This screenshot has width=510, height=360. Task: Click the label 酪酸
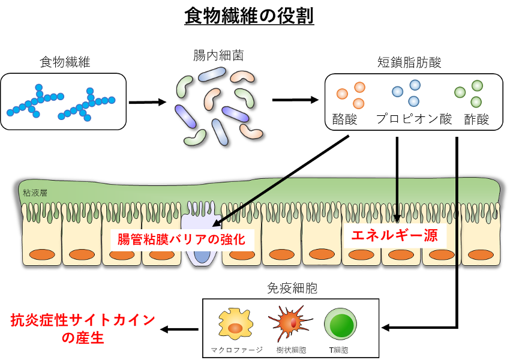[x=345, y=119]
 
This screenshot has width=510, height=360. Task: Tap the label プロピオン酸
[x=414, y=119]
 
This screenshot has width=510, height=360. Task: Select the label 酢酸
[x=477, y=119]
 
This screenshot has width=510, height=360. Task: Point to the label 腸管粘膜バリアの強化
[x=181, y=239]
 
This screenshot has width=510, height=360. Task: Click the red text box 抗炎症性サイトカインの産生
[x=83, y=329]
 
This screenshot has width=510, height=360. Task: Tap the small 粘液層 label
[x=35, y=193]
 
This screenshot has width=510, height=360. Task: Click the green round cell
[x=340, y=324]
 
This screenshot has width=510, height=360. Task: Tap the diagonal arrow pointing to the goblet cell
[x=252, y=202]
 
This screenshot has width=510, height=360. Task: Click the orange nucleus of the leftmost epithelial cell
[x=41, y=254]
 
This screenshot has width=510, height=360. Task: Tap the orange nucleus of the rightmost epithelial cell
[x=480, y=254]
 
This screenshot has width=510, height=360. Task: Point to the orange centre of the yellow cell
[x=235, y=328]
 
